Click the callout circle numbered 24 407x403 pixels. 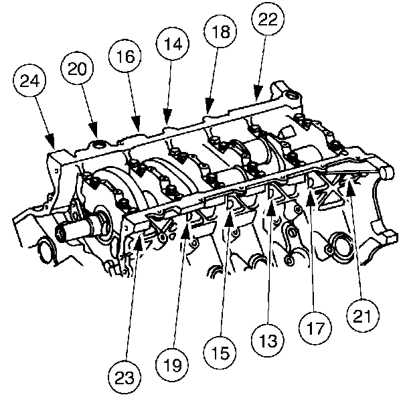(29, 80)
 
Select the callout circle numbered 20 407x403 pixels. (77, 68)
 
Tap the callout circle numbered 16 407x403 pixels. (125, 56)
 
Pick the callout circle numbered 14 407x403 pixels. (173, 44)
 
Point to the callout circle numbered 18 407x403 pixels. (220, 31)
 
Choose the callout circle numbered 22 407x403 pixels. (268, 19)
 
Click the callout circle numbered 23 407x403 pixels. (125, 377)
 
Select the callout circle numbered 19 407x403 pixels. (172, 365)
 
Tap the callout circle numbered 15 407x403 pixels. (220, 353)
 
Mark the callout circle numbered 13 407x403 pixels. (268, 340)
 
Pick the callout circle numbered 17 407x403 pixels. (315, 328)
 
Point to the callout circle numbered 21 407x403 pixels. (363, 315)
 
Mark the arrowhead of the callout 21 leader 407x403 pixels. (351, 186)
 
